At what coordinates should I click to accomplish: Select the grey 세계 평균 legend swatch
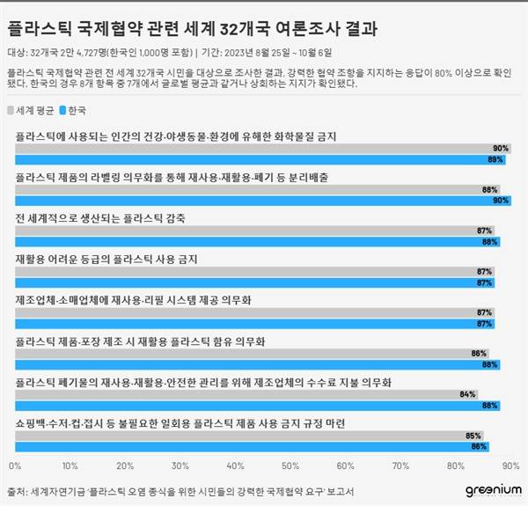tap(10, 111)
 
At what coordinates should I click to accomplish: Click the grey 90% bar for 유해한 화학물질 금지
tap(264, 149)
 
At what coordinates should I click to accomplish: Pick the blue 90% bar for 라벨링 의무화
tap(264, 200)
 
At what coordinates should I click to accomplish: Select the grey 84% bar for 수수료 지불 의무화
tap(246, 394)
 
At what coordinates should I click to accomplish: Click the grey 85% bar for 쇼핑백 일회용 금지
tap(250, 435)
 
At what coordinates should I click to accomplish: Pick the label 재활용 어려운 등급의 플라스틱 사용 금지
tap(107, 259)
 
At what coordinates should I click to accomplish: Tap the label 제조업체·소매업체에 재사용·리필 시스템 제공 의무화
tap(134, 299)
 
